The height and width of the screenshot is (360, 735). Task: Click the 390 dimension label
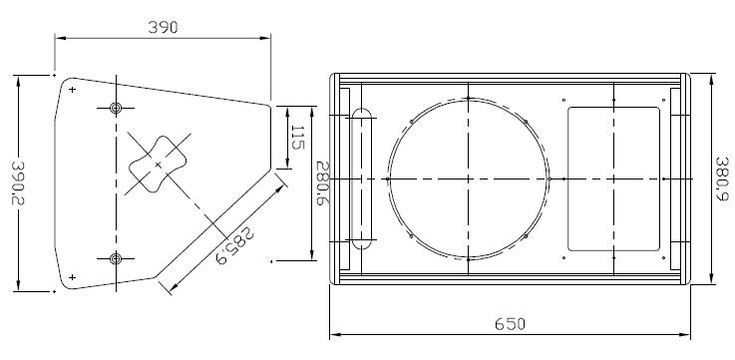(x=164, y=27)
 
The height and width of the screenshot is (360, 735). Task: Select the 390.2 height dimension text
(x=18, y=182)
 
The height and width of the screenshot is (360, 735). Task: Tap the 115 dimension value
(x=297, y=137)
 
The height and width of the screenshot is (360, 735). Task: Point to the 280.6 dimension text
(x=323, y=183)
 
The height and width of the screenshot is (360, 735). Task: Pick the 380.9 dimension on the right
(x=722, y=179)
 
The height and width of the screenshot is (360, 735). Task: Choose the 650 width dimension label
(x=510, y=324)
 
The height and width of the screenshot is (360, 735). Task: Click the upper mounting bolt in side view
(x=116, y=109)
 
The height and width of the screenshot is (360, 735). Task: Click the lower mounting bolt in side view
(x=116, y=258)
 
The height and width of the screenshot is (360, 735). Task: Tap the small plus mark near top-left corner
(x=72, y=90)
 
